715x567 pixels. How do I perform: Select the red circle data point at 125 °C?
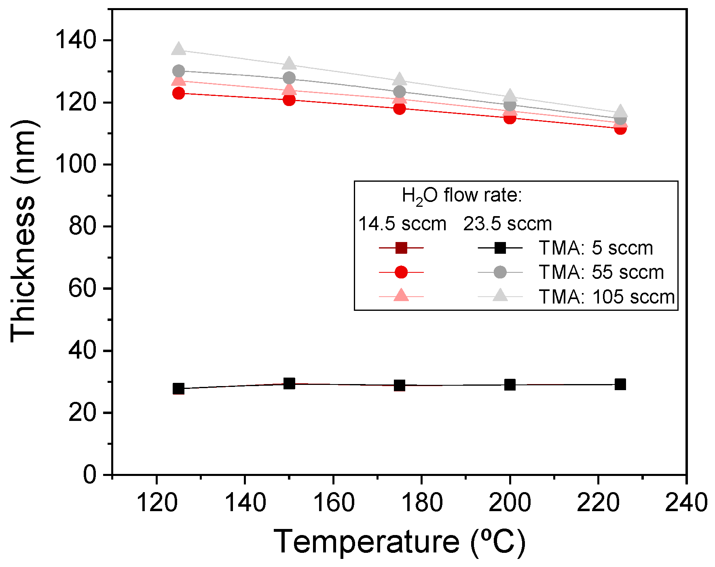178,93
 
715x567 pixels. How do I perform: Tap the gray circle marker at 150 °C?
289,78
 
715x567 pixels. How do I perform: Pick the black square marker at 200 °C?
510,385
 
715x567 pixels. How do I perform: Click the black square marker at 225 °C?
620,384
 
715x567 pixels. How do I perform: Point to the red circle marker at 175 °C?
400,108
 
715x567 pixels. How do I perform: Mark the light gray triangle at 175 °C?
400,79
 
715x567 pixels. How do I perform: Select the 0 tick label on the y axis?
90,474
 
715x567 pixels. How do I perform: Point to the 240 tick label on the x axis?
686,503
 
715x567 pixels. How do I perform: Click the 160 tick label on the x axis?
333,503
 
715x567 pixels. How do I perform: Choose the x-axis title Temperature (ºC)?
399,542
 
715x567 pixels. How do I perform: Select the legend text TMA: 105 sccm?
607,297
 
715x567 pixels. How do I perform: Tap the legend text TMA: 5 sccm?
596,248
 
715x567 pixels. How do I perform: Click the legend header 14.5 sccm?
402,224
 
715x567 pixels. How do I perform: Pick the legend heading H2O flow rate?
462,196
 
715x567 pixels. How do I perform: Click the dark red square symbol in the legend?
401,248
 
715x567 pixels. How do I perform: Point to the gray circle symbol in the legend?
500,272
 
